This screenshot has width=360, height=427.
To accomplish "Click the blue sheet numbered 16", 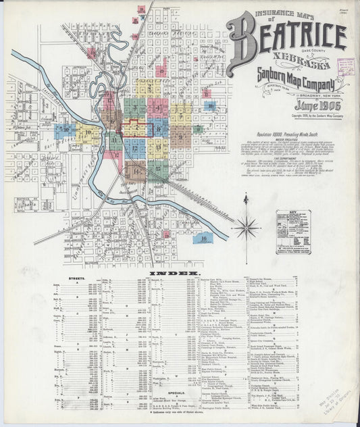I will [x=203, y=238].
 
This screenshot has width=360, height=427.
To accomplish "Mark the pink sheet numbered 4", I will [x=157, y=107].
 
